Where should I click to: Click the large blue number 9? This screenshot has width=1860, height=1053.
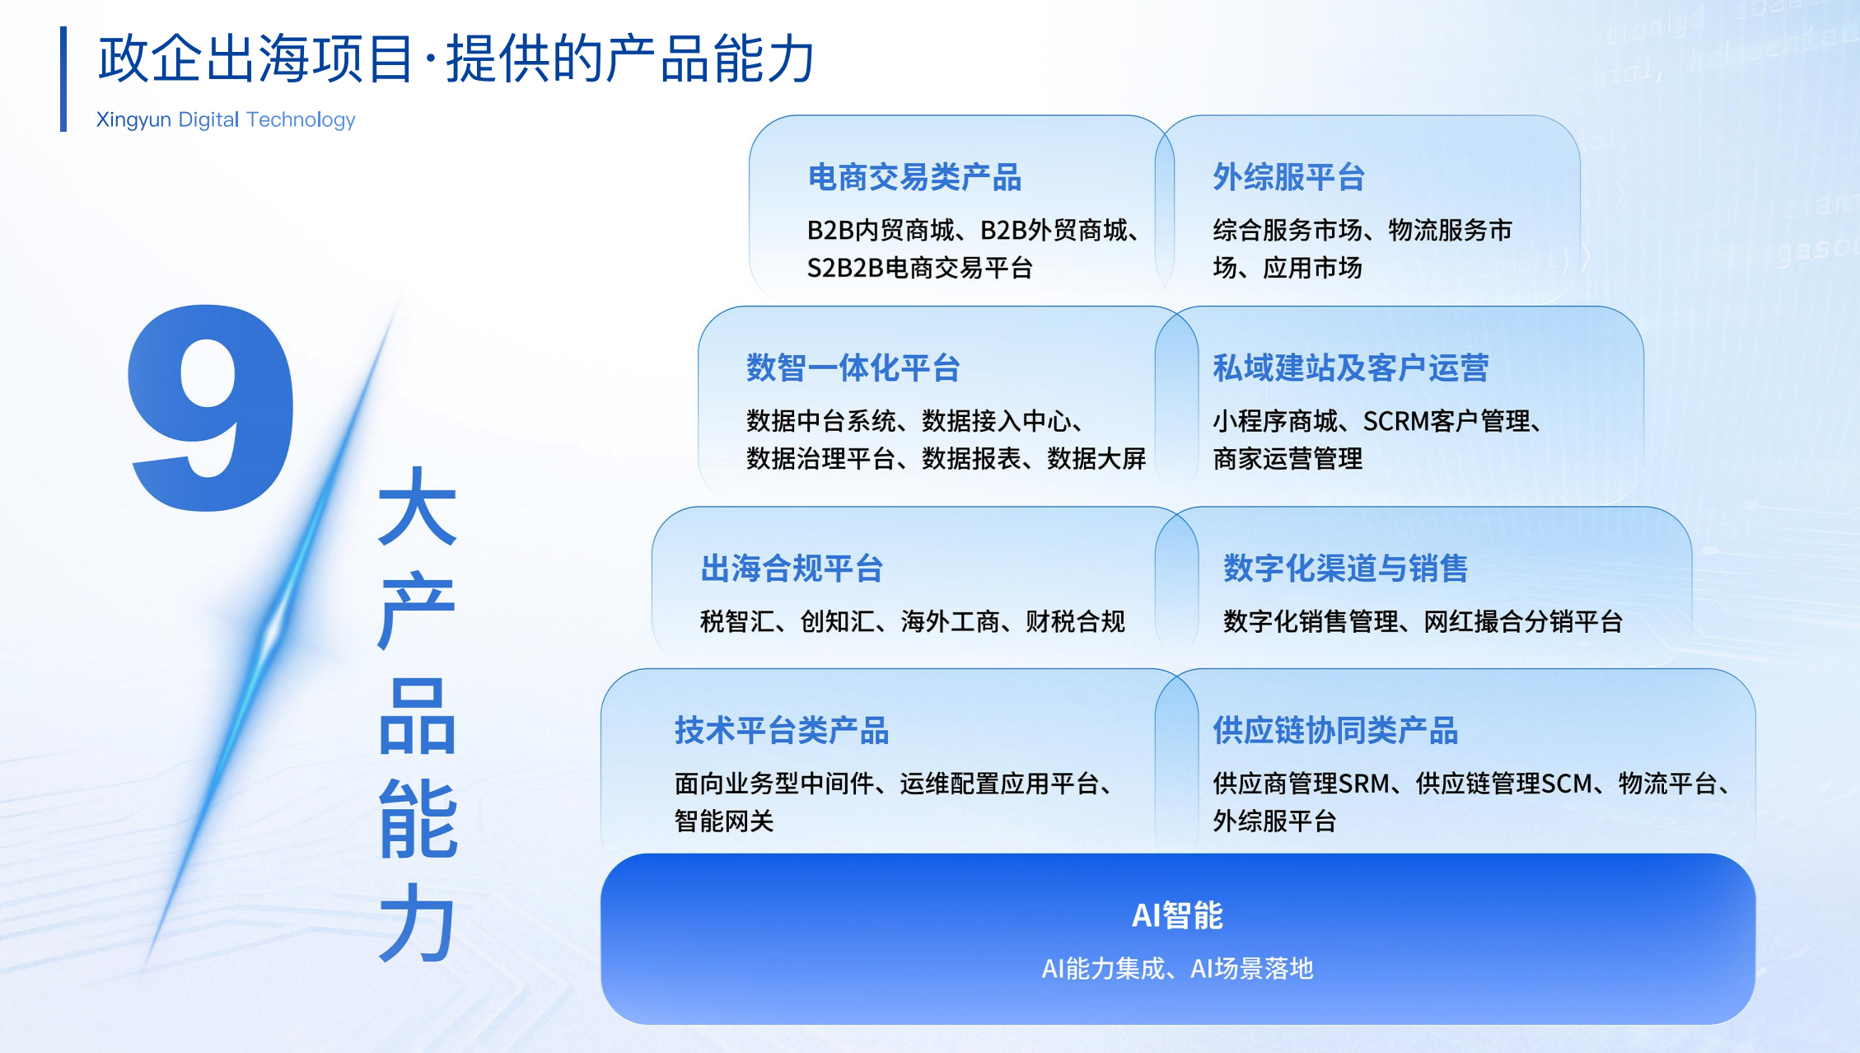tap(211, 408)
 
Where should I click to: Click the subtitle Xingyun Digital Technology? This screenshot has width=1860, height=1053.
tap(226, 120)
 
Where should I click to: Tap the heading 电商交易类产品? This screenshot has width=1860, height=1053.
tap(914, 177)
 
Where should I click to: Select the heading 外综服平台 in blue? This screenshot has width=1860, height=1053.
tap(1289, 177)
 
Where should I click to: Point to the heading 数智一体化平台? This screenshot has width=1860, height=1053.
tap(853, 367)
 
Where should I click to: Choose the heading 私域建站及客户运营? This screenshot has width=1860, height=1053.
tap(1351, 367)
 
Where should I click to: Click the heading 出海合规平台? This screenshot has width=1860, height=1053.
tap(792, 568)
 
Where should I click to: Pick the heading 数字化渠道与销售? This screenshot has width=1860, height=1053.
tap(1346, 568)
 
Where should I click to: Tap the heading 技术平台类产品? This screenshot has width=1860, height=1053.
tap(782, 730)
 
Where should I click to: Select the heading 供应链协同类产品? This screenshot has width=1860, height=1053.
tap(1335, 730)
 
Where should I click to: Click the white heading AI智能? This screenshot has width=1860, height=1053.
tap(1178, 915)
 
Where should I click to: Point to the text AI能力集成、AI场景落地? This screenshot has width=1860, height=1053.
tap(1178, 968)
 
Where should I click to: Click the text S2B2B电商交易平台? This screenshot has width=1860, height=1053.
tap(920, 268)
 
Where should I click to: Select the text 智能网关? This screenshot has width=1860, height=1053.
tap(724, 821)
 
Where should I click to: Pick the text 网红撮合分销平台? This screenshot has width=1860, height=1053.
tap(1523, 621)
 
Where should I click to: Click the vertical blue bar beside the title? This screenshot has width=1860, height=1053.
tap(63, 79)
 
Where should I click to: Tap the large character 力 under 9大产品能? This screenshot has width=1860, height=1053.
tap(417, 923)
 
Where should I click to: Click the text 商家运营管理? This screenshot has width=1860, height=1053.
tap(1288, 458)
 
